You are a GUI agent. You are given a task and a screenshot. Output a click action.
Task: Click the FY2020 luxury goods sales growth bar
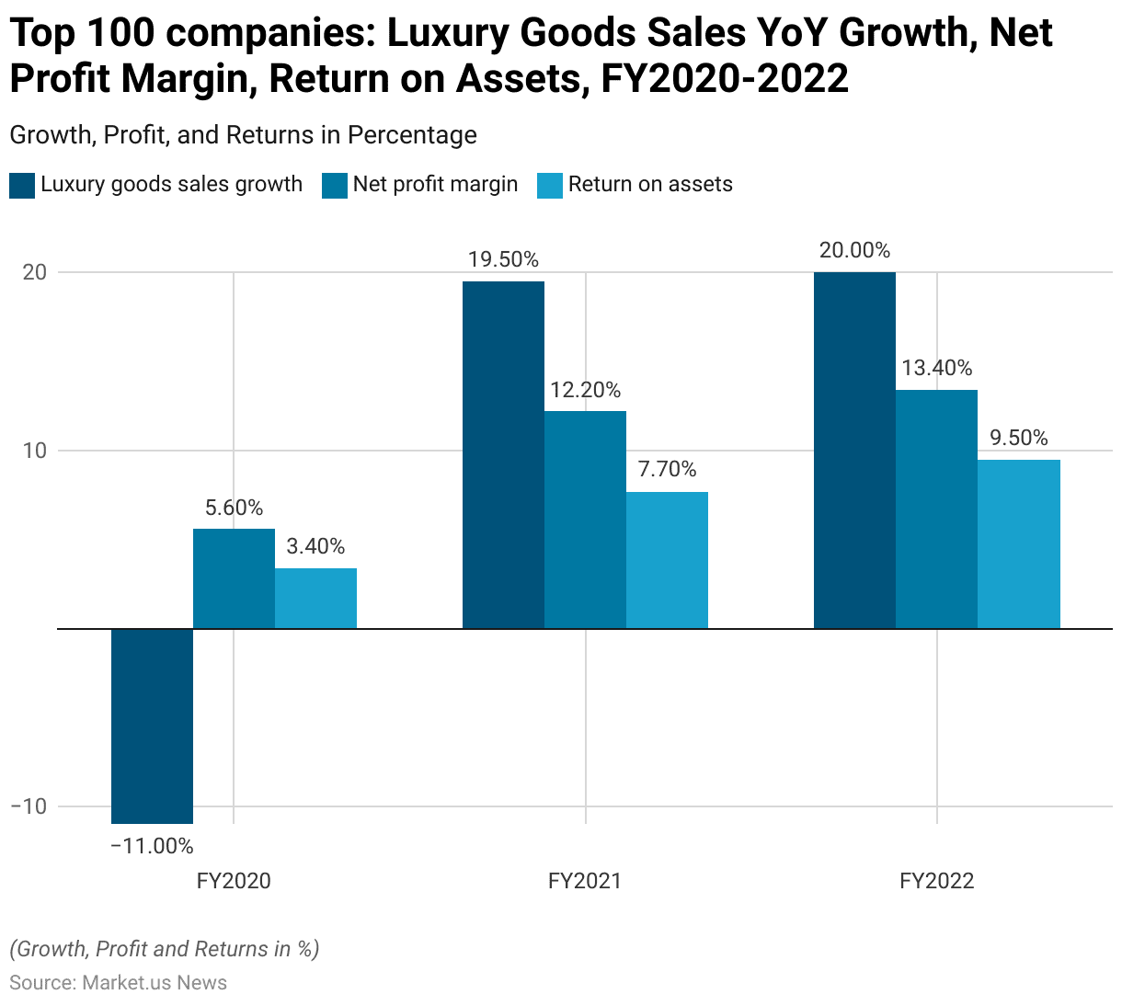click(152, 726)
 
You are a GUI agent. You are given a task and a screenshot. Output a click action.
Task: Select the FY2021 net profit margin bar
click(585, 520)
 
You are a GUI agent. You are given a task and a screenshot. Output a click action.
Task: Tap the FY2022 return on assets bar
click(1018, 544)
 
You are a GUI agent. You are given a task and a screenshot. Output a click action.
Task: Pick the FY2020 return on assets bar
click(315, 599)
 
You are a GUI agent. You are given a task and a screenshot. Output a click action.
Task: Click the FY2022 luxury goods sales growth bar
click(854, 451)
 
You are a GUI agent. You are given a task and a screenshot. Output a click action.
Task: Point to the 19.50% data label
click(503, 260)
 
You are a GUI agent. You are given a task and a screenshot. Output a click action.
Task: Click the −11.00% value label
click(152, 846)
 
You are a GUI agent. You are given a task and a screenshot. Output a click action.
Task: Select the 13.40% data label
click(936, 369)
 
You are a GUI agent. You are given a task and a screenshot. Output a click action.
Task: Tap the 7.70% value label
click(667, 470)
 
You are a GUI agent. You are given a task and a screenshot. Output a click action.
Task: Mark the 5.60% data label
click(234, 508)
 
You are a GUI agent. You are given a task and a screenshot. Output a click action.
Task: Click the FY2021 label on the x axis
click(585, 881)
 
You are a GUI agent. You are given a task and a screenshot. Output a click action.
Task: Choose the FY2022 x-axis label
click(936, 881)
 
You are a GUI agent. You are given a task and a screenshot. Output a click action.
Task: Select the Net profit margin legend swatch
click(335, 185)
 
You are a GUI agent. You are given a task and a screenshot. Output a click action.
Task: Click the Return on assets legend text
click(650, 184)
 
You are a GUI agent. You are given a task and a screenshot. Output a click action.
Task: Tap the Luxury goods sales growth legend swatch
click(22, 185)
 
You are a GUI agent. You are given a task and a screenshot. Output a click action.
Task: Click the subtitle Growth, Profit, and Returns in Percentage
click(243, 135)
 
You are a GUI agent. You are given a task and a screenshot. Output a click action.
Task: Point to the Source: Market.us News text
click(118, 982)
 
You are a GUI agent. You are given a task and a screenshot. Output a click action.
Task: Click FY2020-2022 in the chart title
click(725, 79)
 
